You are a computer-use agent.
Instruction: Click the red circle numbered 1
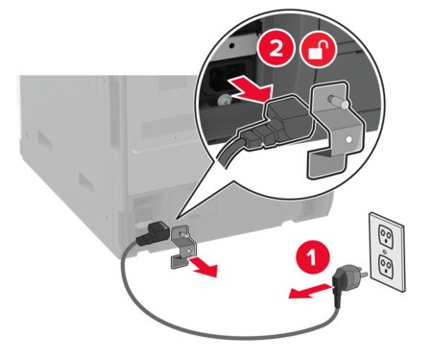tap(312, 256)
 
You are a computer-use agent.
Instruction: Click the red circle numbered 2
tap(276, 50)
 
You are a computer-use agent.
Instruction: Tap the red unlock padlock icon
tap(318, 50)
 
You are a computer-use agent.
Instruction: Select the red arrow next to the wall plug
tap(310, 292)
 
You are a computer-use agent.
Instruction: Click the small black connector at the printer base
tap(152, 233)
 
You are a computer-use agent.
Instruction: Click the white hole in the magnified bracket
tap(348, 139)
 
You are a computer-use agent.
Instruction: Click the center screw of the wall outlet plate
tap(386, 250)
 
